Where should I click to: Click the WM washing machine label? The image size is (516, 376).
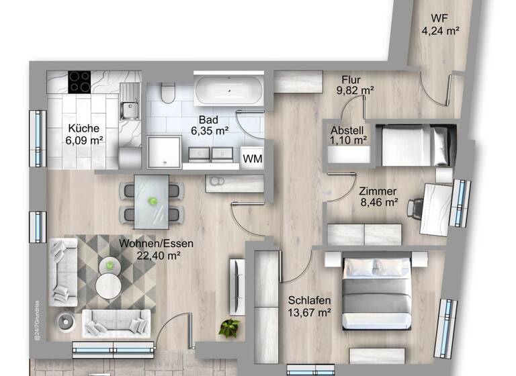coord(252,158)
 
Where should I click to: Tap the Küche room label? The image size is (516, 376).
coord(83,128)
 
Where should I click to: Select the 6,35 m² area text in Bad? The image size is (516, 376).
coord(208,132)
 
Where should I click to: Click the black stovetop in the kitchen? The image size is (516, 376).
coord(80,83)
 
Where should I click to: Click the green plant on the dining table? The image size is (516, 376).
coord(153,200)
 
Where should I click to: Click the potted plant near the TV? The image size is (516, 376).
coord(229,328)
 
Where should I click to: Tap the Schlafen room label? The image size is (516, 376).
coord(309,300)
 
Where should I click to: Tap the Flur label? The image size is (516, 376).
coord(352,79)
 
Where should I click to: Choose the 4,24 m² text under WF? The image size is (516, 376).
coord(440,30)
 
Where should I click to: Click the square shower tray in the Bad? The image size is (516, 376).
coord(164,150)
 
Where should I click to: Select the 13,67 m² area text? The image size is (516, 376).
coord(309,312)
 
